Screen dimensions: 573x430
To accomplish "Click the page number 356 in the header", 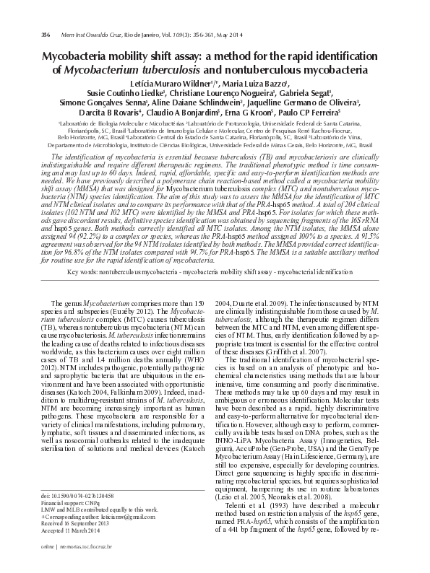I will (45, 34).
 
